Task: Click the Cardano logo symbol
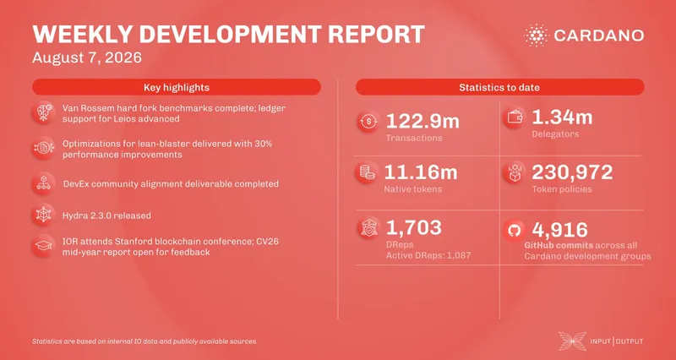pyautogui.click(x=536, y=35)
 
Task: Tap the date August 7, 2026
pyautogui.click(x=87, y=57)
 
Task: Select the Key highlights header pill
pyautogui.click(x=177, y=87)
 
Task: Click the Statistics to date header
pyautogui.click(x=499, y=87)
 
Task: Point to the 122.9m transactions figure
pyautogui.click(x=422, y=121)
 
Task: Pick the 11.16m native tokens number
pyautogui.click(x=420, y=172)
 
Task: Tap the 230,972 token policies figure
pyautogui.click(x=572, y=172)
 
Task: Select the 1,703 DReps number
pyautogui.click(x=414, y=227)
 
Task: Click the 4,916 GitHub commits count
pyautogui.click(x=560, y=230)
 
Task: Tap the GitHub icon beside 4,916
pyautogui.click(x=515, y=231)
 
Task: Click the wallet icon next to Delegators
pyautogui.click(x=515, y=118)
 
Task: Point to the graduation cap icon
pyautogui.click(x=43, y=246)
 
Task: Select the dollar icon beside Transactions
pyautogui.click(x=368, y=122)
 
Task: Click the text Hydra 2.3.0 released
pyautogui.click(x=107, y=215)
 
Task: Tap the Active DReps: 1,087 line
pyautogui.click(x=428, y=256)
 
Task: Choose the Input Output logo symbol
pyautogui.click(x=573, y=341)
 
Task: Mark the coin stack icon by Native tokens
pyautogui.click(x=368, y=172)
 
